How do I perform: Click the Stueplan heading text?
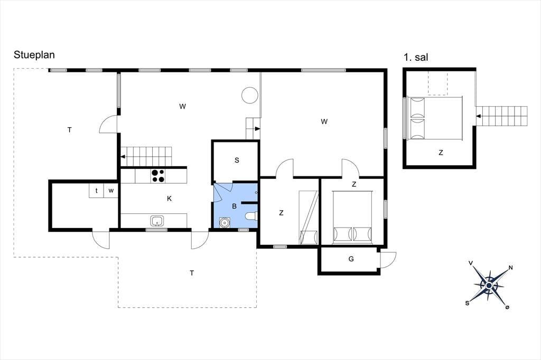click(x=34, y=55)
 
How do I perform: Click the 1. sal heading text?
click(x=416, y=57)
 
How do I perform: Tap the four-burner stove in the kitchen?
click(x=158, y=176)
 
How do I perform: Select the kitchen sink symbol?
click(x=157, y=221)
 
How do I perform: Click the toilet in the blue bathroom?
click(x=251, y=216)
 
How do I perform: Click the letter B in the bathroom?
click(x=234, y=206)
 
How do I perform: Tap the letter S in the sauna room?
click(x=237, y=160)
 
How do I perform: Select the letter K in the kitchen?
click(x=169, y=198)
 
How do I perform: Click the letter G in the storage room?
click(x=351, y=259)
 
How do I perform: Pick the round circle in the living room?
click(x=250, y=95)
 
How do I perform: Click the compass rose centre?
click(x=489, y=286)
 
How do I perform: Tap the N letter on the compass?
click(x=511, y=268)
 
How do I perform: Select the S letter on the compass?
click(x=468, y=303)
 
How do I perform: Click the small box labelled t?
click(x=96, y=191)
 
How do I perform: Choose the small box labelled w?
click(x=111, y=191)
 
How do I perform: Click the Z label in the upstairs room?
click(x=441, y=153)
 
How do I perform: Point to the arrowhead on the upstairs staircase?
click(x=479, y=116)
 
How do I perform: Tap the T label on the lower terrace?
click(x=192, y=273)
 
